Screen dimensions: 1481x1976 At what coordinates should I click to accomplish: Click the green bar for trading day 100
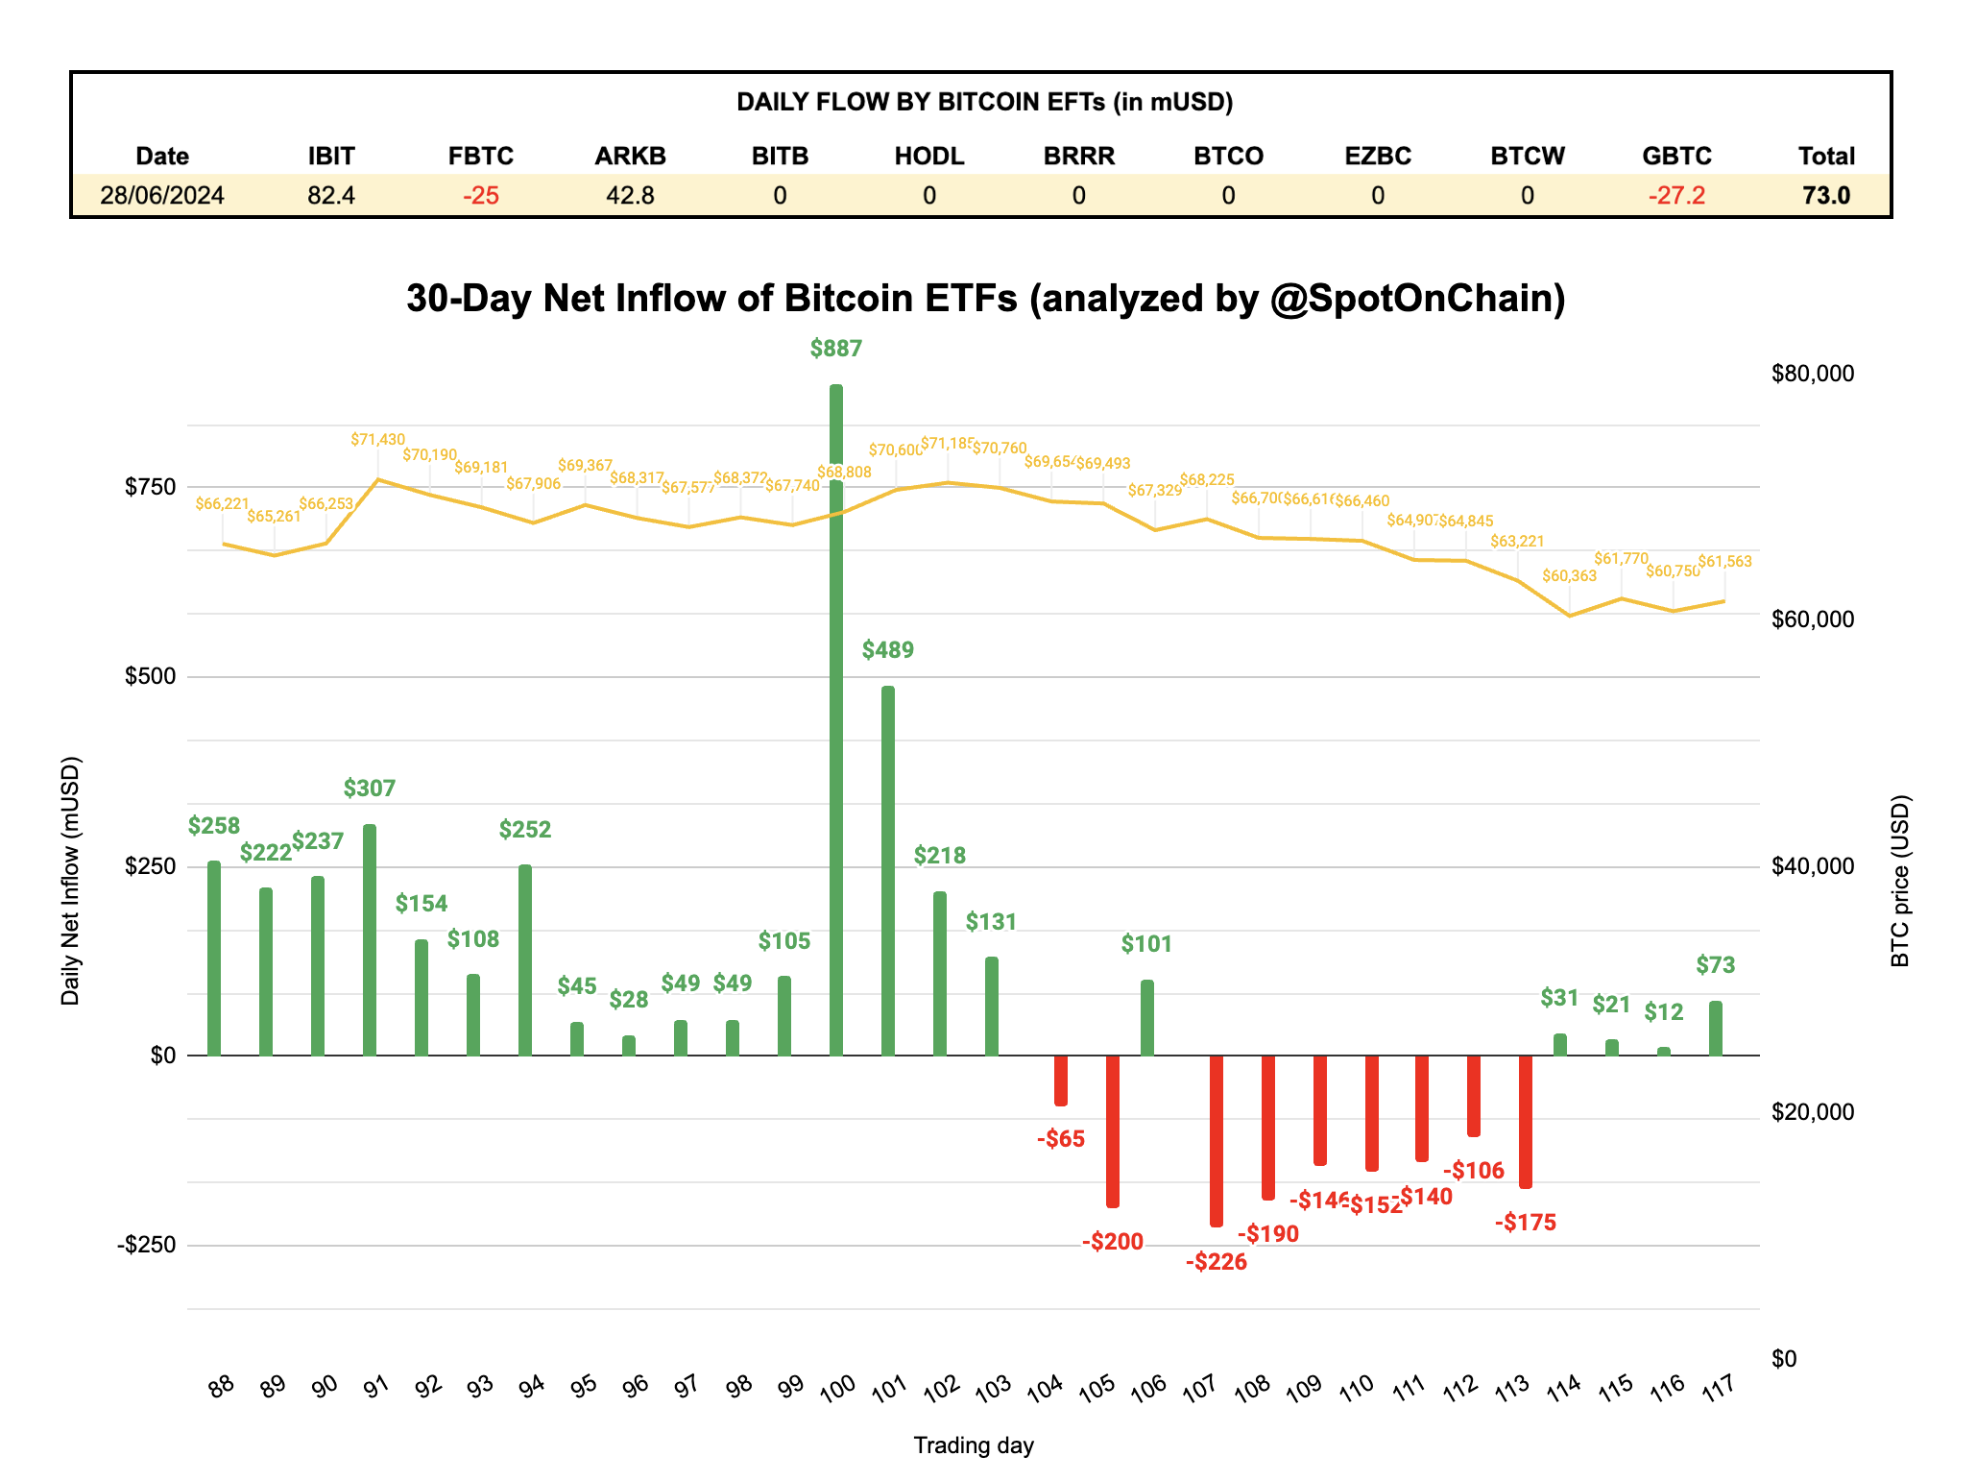[x=835, y=720]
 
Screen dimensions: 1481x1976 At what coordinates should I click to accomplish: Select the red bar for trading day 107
[x=1216, y=1140]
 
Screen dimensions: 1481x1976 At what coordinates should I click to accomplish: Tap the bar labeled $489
[x=887, y=870]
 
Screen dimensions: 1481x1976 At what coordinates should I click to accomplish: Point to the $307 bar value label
[x=370, y=789]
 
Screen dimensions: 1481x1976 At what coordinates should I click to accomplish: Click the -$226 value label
[x=1216, y=1262]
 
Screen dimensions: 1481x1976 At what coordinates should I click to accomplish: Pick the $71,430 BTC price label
[x=377, y=440]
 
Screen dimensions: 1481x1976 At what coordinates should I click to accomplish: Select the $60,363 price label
[x=1569, y=576]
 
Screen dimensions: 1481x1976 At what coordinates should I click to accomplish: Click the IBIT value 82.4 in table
[x=331, y=196]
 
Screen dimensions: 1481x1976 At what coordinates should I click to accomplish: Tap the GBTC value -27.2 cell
[x=1676, y=196]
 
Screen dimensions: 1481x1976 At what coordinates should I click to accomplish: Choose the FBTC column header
[x=481, y=156]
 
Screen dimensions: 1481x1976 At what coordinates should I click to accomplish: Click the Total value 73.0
[x=1825, y=196]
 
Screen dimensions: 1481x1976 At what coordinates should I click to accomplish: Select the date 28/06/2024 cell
[x=162, y=196]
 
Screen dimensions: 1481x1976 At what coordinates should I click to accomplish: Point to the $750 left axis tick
[x=151, y=487]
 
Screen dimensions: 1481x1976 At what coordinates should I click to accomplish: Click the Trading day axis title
[x=973, y=1445]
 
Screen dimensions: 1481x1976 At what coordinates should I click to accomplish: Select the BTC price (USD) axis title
[x=1899, y=881]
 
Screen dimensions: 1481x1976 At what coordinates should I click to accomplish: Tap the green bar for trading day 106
[x=1146, y=1017]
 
